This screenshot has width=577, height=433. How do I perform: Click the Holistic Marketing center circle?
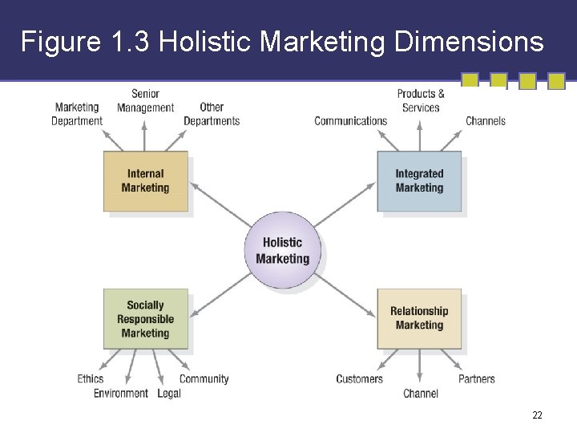pos(282,250)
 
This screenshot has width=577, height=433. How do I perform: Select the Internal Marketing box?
pos(146,181)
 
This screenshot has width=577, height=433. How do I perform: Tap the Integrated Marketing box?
pos(419,181)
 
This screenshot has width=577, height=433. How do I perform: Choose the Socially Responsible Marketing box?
pos(146,319)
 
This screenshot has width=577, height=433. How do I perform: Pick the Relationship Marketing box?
pos(419,318)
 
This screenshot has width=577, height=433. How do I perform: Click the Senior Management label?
pos(145,101)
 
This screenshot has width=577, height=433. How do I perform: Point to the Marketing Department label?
pos(77,114)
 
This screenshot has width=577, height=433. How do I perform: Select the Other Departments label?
pos(212,114)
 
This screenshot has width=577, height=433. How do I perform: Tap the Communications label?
pos(350,121)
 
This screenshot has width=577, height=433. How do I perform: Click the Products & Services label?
pos(421,101)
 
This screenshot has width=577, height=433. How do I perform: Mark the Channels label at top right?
pos(486,121)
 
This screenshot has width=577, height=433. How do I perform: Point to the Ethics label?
pos(91,378)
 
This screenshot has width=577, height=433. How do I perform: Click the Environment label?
pos(121,393)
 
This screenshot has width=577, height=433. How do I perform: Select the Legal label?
pos(169,393)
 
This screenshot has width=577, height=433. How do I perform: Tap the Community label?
pos(204,378)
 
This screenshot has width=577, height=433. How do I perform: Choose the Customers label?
pos(359,378)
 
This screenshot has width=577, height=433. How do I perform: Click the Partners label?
pos(477,378)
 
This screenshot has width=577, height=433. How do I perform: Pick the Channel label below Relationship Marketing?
pos(421,393)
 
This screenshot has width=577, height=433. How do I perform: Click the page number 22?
pos(537,415)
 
